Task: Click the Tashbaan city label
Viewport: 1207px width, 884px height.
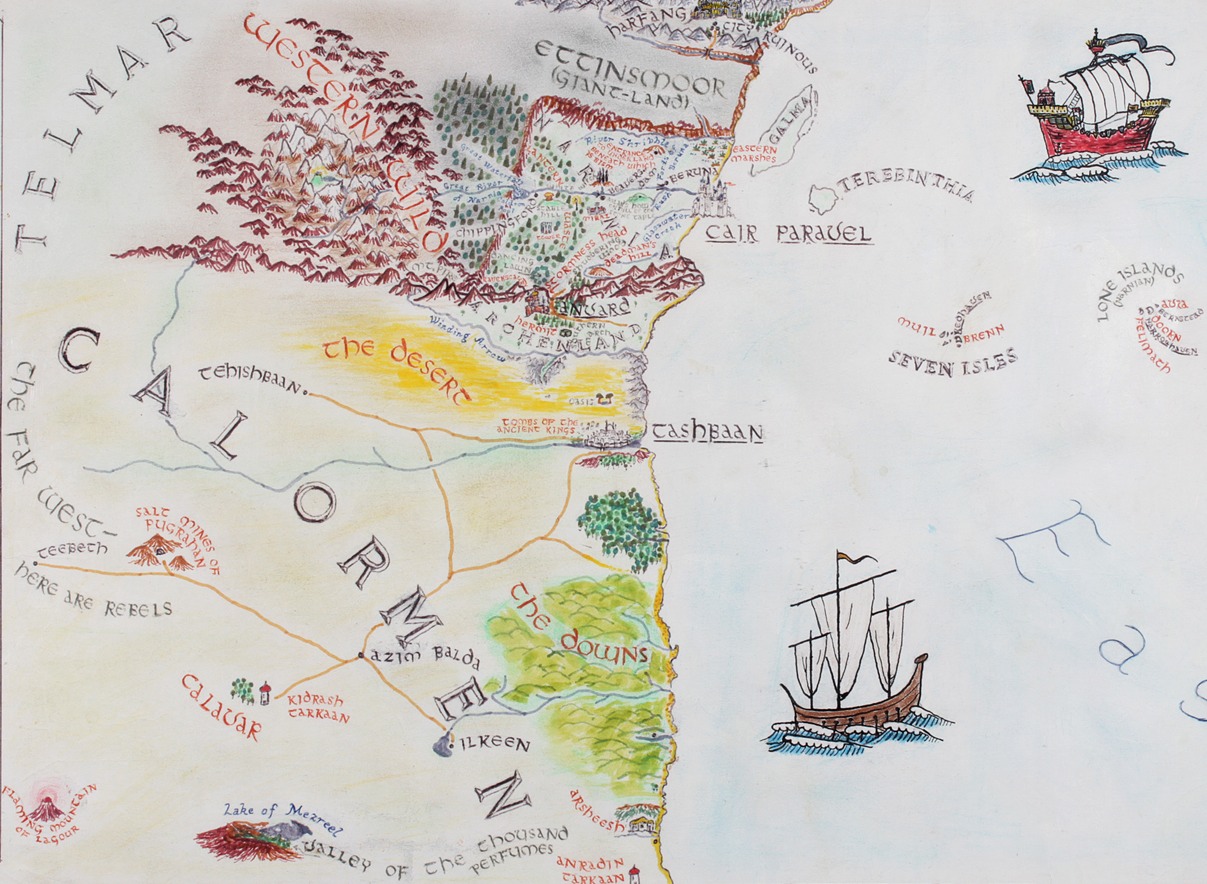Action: click(707, 432)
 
